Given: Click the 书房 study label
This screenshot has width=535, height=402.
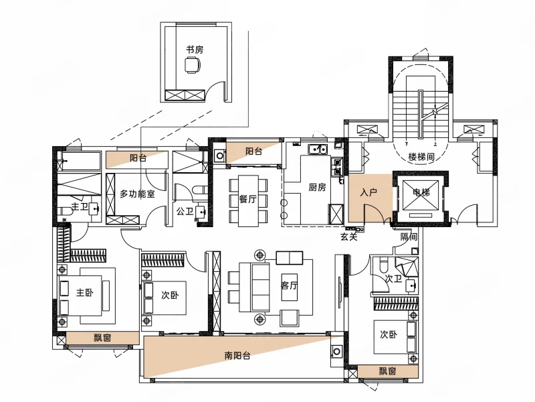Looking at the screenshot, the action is point(195,50).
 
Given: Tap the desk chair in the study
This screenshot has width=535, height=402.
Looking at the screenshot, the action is point(193,65).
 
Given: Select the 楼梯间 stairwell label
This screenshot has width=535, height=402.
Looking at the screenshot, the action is point(421,157).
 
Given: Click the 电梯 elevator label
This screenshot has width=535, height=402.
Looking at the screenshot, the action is point(421,192).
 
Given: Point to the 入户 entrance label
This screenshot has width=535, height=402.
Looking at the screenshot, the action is point(368,192).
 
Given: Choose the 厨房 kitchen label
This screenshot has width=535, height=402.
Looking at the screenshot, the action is point(317,187).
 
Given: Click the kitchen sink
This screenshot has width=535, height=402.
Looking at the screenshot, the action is point(318,149).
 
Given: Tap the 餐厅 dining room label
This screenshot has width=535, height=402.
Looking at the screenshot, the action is point(247,199).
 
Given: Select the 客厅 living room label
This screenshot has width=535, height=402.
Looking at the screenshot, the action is point(290,285).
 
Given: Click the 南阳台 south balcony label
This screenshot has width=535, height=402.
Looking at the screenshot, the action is point(237,356).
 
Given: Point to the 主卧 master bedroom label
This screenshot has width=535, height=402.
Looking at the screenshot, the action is point(85,292).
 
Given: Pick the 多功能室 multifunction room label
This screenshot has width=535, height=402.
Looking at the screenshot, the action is point(137,194).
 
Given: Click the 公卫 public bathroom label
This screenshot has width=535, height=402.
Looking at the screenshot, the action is point(185,211).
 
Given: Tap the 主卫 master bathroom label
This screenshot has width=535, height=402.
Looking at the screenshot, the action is point(79,206).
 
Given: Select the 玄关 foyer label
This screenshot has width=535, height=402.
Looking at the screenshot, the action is point(348,237).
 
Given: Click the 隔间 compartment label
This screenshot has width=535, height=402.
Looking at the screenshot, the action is point(409,237).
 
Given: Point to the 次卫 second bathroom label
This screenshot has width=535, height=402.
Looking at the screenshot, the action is point(393,279).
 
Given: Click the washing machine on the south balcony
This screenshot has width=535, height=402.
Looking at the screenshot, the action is point(337,351).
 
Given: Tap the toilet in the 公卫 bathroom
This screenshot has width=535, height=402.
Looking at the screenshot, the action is point(200,189).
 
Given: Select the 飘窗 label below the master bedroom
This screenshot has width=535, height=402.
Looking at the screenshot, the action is point(102,338).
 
